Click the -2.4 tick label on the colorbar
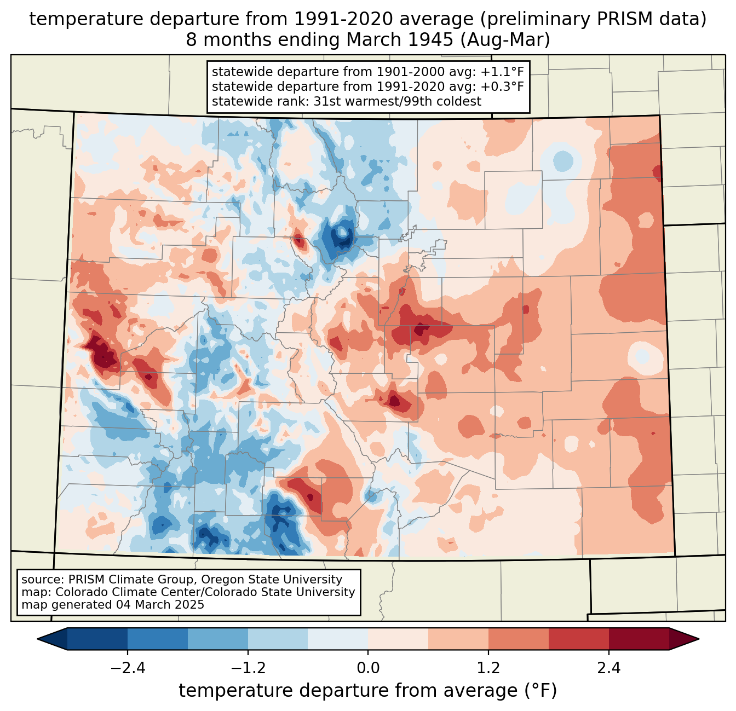click(x=127, y=668)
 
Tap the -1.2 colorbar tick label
click(x=248, y=668)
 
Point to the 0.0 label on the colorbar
click(x=368, y=668)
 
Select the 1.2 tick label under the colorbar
click(x=488, y=668)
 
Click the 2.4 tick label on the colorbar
click(x=609, y=668)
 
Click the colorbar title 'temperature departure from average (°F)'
click(x=368, y=691)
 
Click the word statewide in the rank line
click(x=237, y=101)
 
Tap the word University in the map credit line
click(x=329, y=592)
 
